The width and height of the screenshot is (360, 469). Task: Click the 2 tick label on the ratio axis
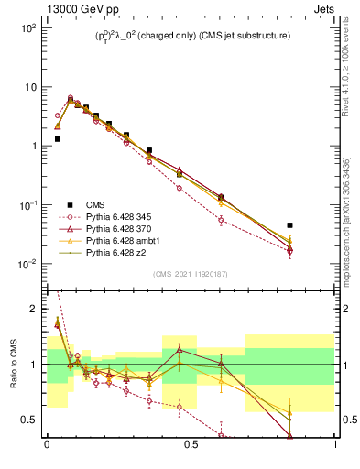(35, 310)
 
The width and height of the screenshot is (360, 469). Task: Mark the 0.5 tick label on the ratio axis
(31, 420)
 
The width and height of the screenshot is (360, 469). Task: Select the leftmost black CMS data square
(57, 139)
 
